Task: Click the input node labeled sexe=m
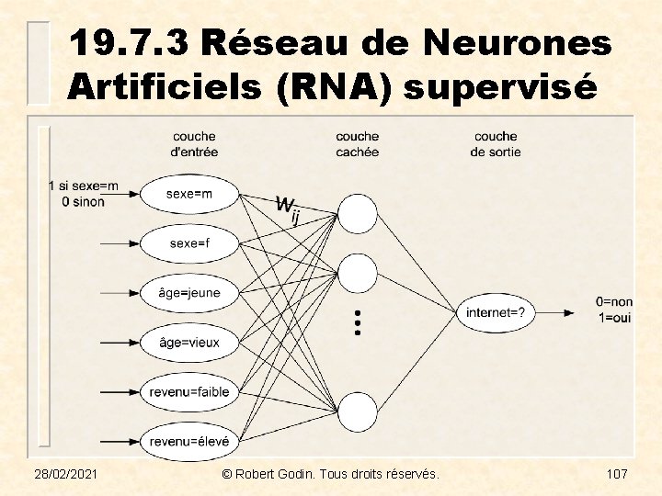(189, 194)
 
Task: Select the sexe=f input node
(189, 243)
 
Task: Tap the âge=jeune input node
(189, 293)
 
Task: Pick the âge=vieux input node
(189, 343)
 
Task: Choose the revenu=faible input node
(189, 392)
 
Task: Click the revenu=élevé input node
(189, 441)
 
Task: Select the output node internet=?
(496, 313)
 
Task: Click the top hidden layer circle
(358, 213)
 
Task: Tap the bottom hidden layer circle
(358, 412)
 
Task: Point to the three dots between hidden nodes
(358, 321)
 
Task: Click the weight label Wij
(289, 209)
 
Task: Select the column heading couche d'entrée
(194, 144)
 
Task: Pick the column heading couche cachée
(357, 144)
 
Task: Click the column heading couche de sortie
(496, 144)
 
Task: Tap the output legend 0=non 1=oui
(613, 309)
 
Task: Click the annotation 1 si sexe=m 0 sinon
(83, 194)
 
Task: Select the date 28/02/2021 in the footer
(67, 474)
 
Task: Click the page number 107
(616, 474)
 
